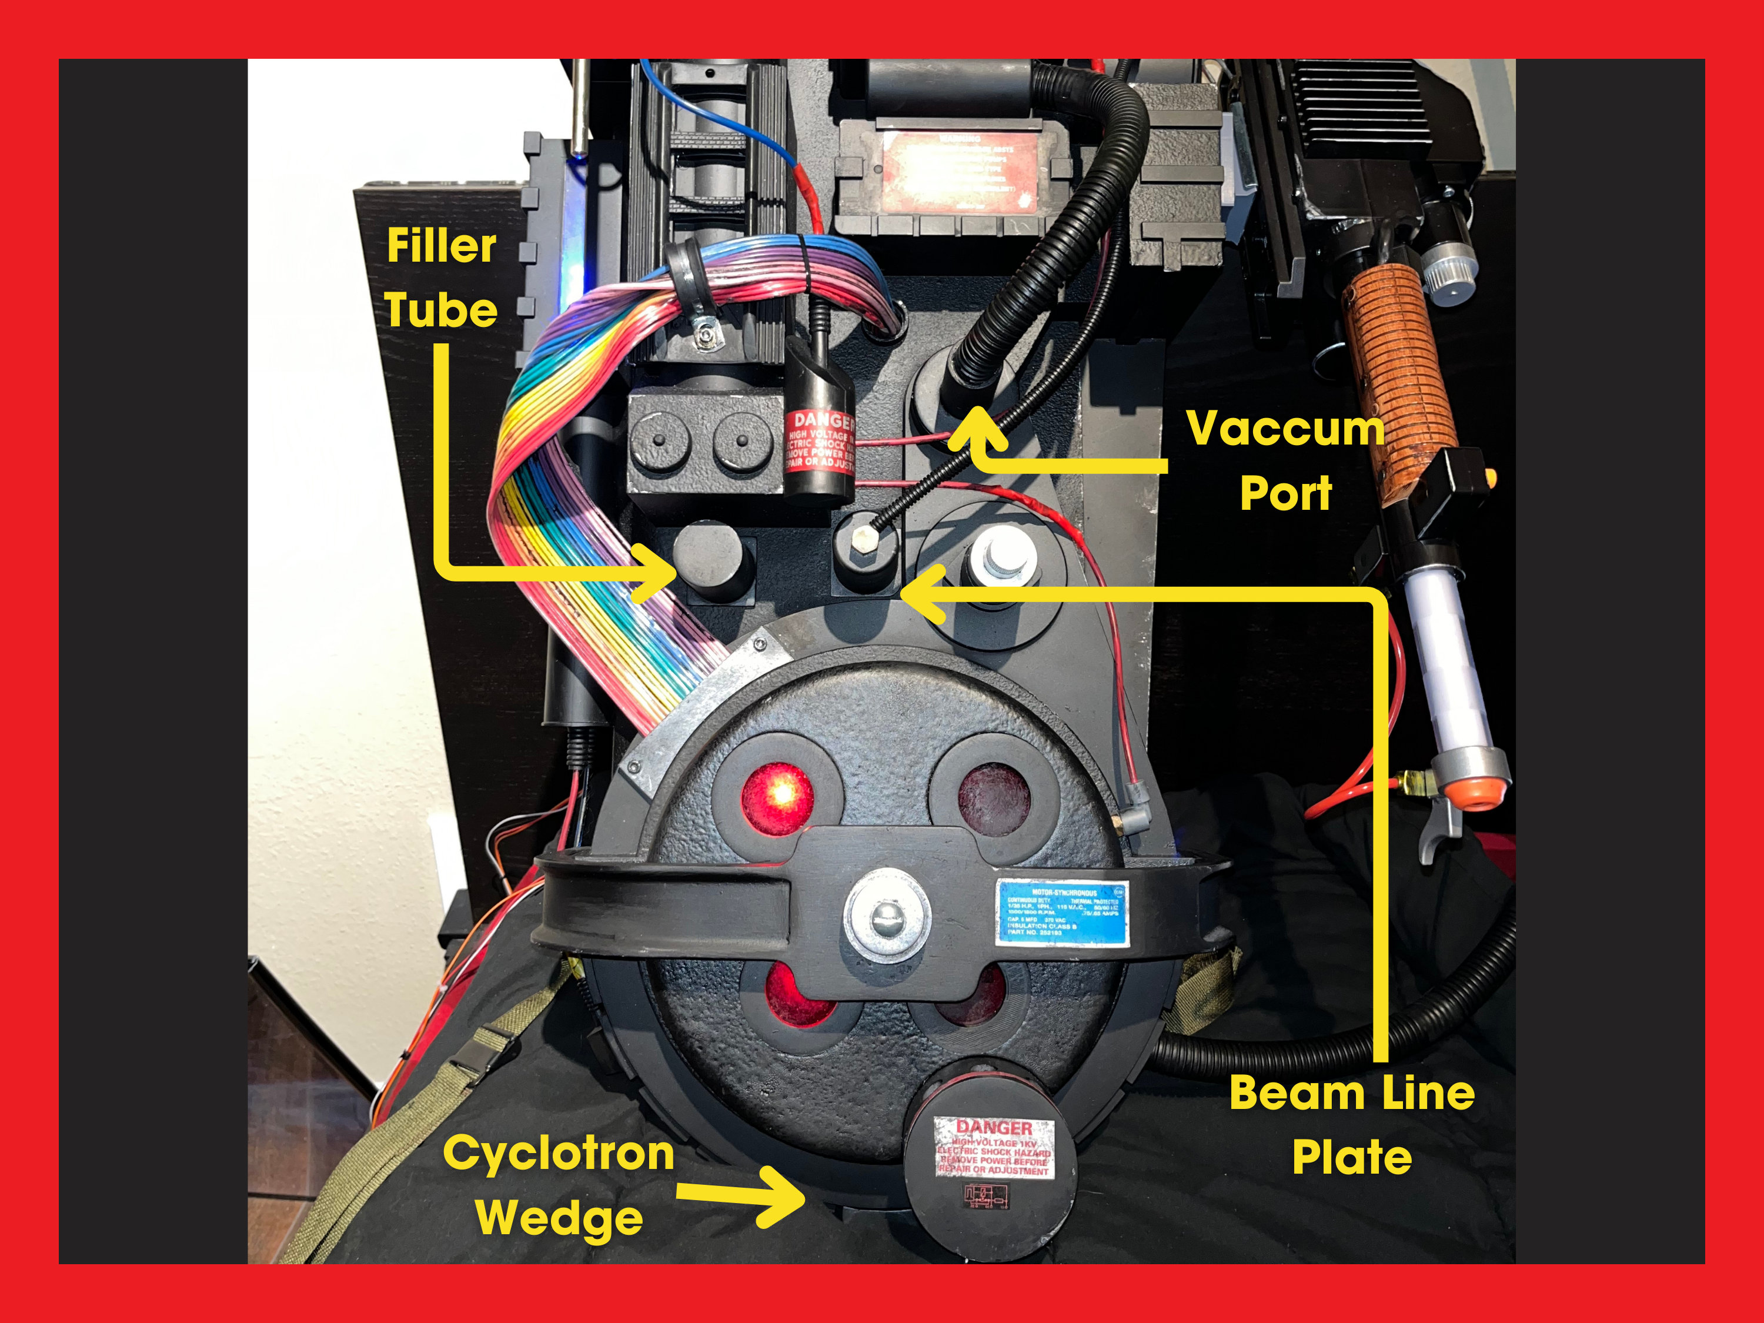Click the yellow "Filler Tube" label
click(441, 278)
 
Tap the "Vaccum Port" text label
click(1285, 460)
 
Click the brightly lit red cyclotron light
click(777, 797)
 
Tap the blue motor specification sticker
click(1063, 913)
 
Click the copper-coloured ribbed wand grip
click(1397, 375)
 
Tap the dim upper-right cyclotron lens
click(994, 799)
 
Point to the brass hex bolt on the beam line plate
click(864, 538)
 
